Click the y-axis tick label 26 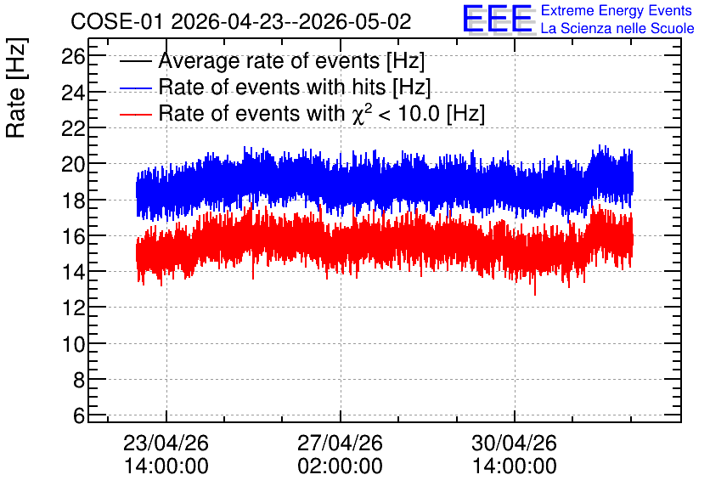72,57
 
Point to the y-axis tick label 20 72,164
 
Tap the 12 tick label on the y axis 72,308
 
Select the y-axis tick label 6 79,415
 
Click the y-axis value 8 79,380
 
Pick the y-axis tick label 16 72,236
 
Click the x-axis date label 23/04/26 166,443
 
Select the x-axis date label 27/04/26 340,443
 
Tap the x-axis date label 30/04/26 514,443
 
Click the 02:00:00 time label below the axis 340,466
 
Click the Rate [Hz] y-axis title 16,88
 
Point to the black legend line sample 135,61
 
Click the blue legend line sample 135,88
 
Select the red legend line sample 135,115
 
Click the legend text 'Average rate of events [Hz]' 291,61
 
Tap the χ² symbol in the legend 363,113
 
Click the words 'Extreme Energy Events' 617,11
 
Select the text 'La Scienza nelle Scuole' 617,29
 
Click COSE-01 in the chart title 116,21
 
